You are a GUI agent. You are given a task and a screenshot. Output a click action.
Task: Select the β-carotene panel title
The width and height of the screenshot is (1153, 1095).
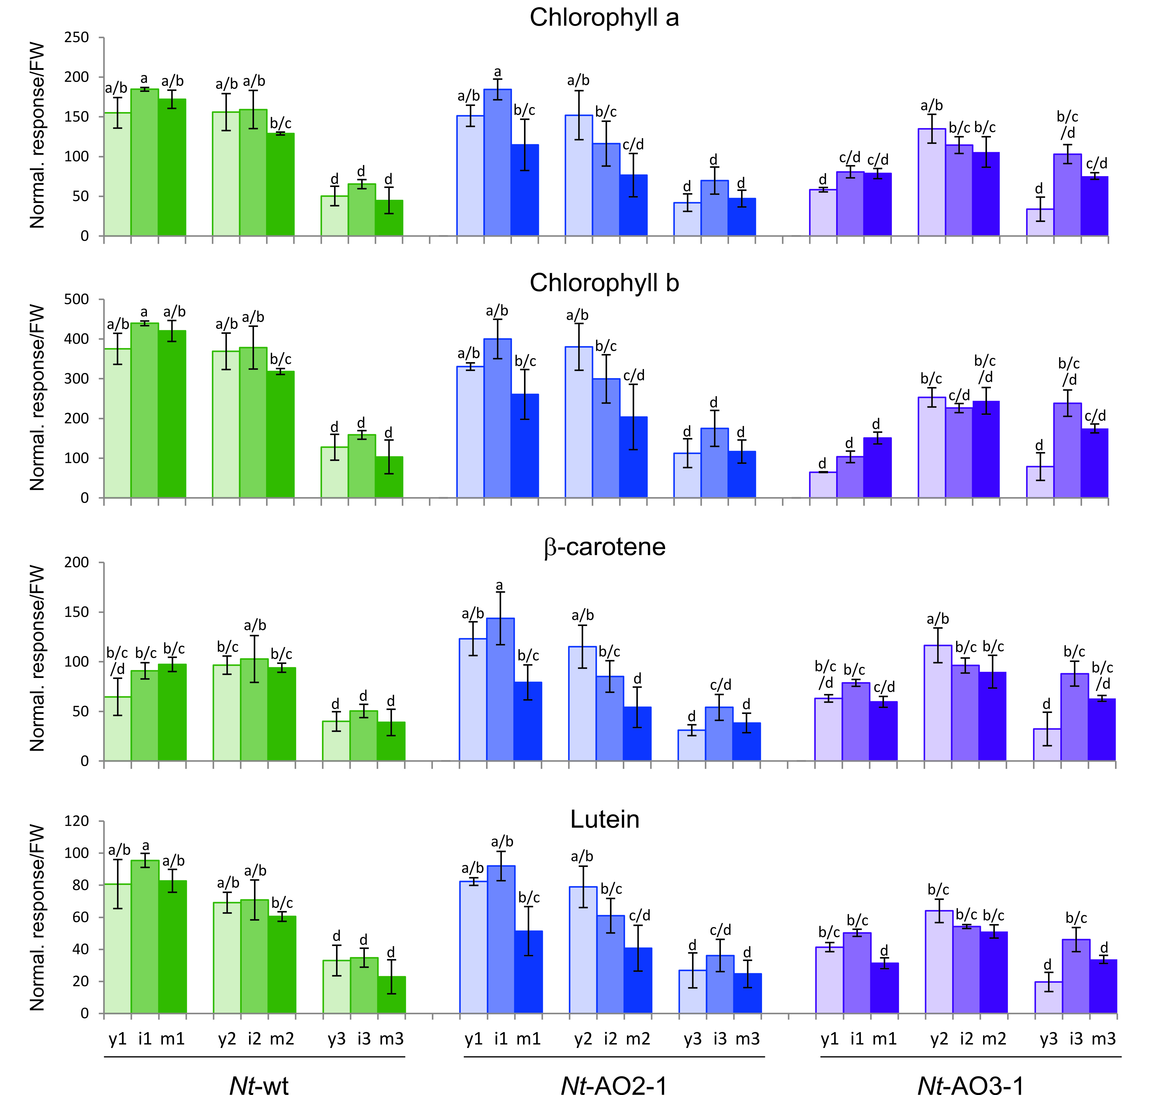click(604, 547)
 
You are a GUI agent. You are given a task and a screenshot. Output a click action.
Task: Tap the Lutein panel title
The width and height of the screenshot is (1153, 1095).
click(604, 820)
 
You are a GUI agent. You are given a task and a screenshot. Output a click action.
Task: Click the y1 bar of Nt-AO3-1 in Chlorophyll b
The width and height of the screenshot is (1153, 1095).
click(823, 484)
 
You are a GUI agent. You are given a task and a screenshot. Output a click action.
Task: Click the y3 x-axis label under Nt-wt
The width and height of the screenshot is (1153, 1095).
click(336, 1039)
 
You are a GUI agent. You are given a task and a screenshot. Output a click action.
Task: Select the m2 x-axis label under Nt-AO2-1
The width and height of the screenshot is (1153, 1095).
click(638, 1039)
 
